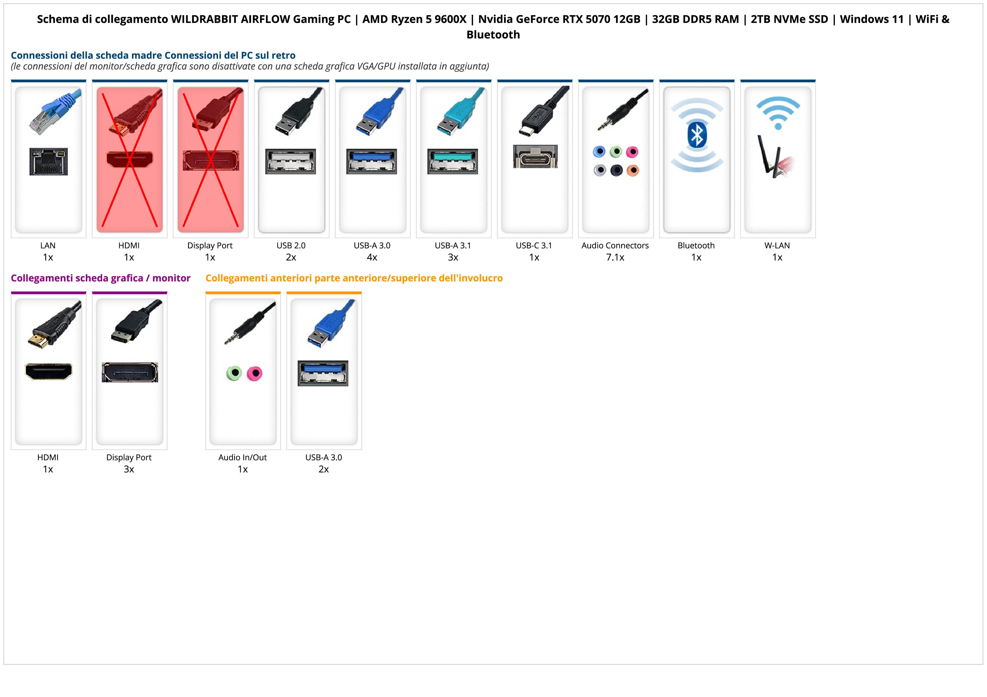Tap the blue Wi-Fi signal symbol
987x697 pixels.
(778, 112)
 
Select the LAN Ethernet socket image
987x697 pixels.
(49, 161)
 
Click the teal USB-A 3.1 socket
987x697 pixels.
(453, 161)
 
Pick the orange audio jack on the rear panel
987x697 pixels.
(633, 170)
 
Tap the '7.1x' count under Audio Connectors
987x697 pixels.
(615, 257)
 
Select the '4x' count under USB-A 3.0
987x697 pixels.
(372, 257)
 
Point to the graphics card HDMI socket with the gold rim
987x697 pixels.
(49, 371)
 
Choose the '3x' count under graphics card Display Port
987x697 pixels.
(129, 469)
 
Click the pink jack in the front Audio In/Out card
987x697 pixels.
(255, 373)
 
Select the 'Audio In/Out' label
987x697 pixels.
(243, 457)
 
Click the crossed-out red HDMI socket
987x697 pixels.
(129, 160)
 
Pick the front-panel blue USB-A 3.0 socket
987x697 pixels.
(323, 373)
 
